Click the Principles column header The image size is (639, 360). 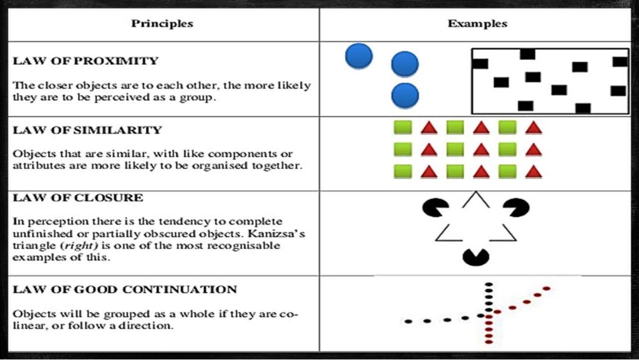[162, 24]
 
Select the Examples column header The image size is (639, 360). [477, 24]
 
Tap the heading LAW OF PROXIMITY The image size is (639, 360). [85, 61]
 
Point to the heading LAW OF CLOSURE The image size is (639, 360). [78, 198]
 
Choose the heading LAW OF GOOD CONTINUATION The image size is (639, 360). [125, 289]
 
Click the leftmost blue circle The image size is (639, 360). [359, 56]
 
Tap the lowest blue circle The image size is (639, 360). [405, 96]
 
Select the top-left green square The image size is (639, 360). [401, 128]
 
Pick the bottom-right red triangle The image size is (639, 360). [534, 171]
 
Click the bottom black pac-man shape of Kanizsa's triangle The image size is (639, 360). [476, 256]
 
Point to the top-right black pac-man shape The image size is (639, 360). [517, 207]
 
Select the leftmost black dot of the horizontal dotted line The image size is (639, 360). [407, 321]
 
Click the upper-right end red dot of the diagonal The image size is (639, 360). [547, 288]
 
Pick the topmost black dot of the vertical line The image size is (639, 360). [489, 285]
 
